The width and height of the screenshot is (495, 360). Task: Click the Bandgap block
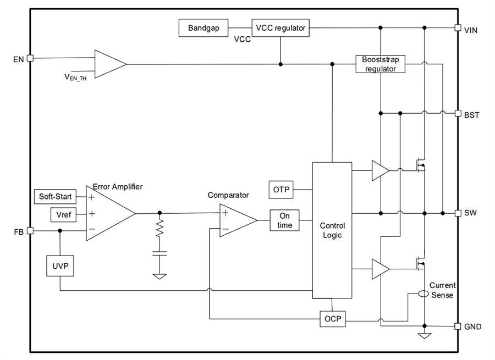point(204,28)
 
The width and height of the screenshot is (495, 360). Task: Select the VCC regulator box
point(280,28)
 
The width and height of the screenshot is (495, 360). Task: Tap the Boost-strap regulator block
point(380,64)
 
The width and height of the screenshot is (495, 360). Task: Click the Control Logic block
point(332,230)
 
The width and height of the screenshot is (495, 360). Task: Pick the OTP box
point(280,190)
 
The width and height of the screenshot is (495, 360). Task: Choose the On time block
point(284,220)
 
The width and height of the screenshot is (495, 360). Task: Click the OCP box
point(333,319)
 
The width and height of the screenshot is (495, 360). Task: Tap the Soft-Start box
point(56,196)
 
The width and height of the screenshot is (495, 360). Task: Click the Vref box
point(64,214)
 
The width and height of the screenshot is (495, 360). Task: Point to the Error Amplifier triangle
point(107,213)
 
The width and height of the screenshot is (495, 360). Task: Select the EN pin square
point(30,58)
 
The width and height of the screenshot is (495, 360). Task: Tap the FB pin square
point(30,231)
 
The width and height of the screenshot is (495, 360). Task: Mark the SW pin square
point(458,213)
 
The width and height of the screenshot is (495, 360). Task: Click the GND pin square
point(458,326)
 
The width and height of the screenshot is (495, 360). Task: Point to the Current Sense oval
point(424,294)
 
